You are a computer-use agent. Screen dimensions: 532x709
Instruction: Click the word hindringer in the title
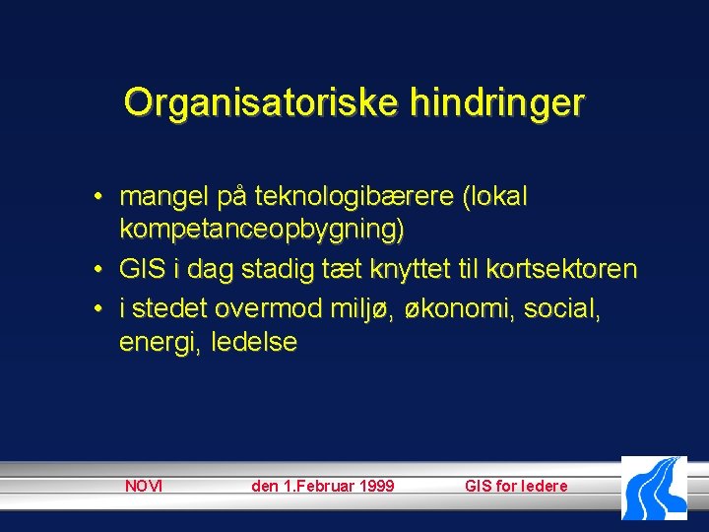492,101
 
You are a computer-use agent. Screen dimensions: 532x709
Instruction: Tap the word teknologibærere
355,197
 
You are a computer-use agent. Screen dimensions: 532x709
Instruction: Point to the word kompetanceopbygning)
262,231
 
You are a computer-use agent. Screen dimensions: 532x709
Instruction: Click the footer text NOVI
144,486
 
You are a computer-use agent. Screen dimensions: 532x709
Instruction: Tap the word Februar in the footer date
318,486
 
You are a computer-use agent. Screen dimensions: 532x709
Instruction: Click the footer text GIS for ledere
516,486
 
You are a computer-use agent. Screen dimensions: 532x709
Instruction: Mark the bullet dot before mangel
100,198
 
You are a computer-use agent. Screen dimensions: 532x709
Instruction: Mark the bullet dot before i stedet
100,308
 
